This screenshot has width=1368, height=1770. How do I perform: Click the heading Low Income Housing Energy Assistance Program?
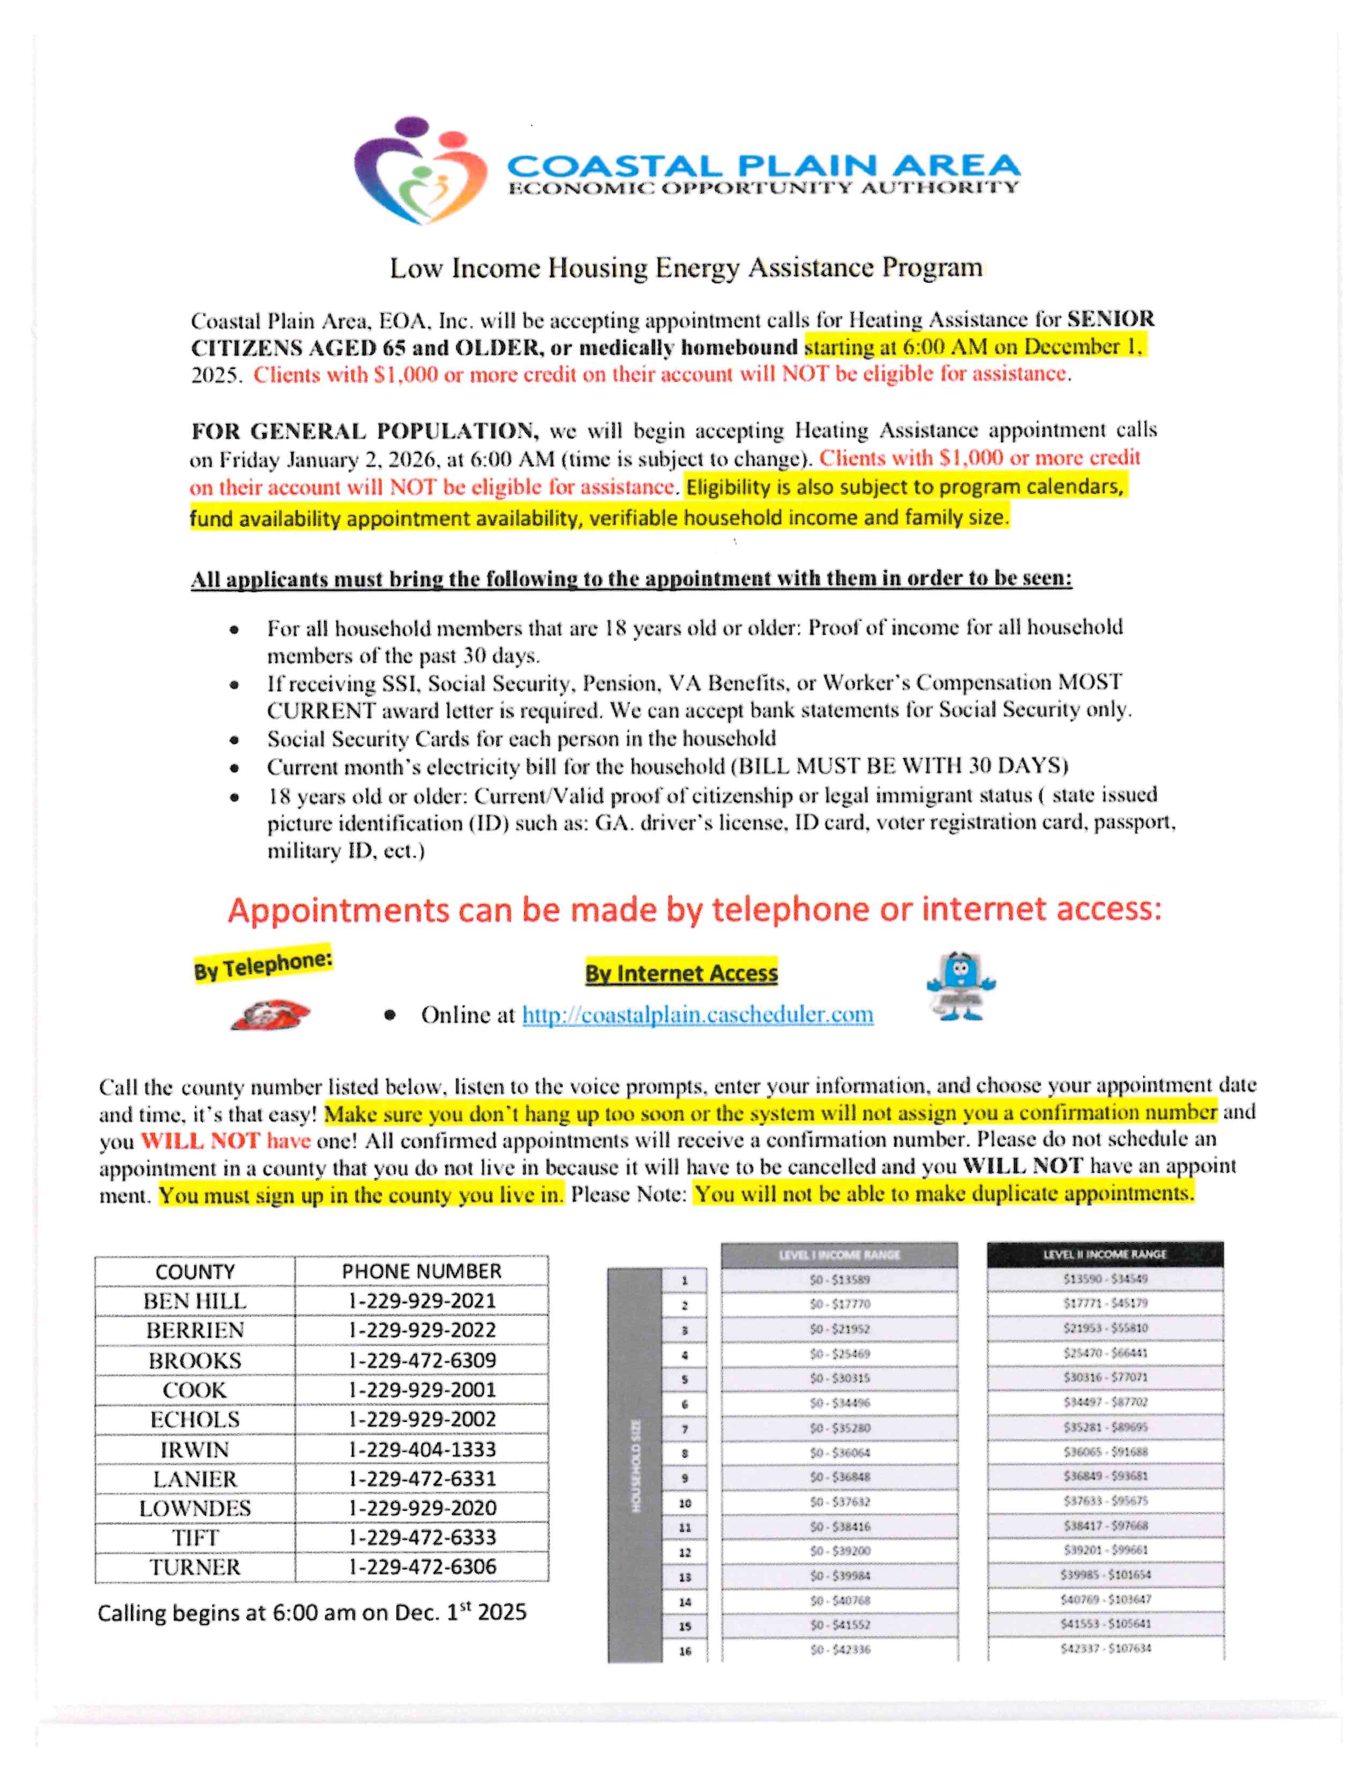[686, 268]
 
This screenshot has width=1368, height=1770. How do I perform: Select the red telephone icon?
[270, 1015]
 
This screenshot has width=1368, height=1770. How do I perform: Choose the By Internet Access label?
[681, 972]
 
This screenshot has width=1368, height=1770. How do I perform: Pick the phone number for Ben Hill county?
[422, 1301]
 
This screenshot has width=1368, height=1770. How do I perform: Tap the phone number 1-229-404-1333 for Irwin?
[422, 1450]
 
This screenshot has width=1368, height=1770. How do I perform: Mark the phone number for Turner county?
[422, 1567]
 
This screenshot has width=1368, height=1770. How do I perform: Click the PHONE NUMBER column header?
[422, 1271]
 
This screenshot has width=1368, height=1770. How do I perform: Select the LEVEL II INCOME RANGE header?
[1105, 1255]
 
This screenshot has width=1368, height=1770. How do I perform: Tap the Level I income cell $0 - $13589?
[840, 1280]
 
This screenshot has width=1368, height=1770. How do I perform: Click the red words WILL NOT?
[200, 1140]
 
